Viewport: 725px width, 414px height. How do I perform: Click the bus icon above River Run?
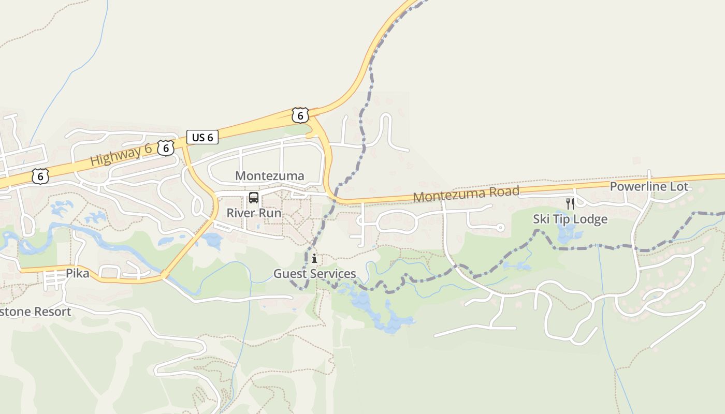tap(254, 197)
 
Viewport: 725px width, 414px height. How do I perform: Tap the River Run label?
tap(254, 213)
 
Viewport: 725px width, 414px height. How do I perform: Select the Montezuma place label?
tap(270, 176)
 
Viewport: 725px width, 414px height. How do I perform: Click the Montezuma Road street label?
tap(466, 194)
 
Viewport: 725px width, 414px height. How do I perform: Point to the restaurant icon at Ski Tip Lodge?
tap(570, 203)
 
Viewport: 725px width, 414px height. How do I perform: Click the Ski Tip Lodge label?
tap(570, 219)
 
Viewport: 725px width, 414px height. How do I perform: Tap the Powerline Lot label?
tap(649, 187)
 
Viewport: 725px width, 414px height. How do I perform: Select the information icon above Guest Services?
tap(314, 258)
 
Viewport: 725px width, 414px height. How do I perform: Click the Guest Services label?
tap(315, 273)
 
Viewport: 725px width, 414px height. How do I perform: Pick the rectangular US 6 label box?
tap(202, 137)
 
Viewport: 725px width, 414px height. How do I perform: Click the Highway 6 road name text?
tap(121, 155)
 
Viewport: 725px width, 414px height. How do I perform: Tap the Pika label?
tap(77, 273)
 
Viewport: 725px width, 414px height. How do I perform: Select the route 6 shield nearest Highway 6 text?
tap(166, 148)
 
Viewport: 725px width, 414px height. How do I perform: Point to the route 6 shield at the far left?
tap(40, 176)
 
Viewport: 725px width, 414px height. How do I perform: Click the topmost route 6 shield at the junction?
tap(300, 115)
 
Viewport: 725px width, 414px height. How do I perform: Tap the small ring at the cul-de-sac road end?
tap(500, 227)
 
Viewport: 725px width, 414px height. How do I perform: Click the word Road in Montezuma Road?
tap(502, 191)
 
